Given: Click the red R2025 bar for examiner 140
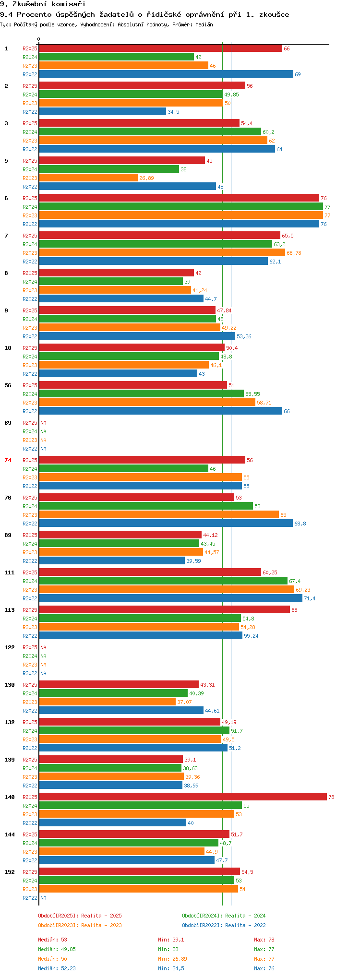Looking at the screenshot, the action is [183, 797].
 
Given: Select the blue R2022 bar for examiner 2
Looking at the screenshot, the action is [103, 111].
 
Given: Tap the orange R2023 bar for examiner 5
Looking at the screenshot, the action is [88, 178].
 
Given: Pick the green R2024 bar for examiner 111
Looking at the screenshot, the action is [163, 581].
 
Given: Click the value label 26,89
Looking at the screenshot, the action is [146, 178].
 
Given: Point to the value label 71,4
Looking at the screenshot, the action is [310, 598].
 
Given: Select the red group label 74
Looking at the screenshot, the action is [8, 460].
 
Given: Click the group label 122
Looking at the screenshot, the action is [10, 647].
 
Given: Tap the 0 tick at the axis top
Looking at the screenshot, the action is [39, 39].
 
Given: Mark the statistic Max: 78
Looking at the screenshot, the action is [264, 940].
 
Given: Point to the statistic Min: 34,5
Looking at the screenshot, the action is [171, 968].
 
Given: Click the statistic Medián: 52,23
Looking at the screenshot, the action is [57, 968].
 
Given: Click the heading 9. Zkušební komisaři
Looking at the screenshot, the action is [43, 4].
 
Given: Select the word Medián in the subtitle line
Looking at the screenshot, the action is [204, 24].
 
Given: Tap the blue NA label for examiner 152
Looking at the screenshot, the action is [43, 898].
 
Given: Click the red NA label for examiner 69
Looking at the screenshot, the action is [43, 423].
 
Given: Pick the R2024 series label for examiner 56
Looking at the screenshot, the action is [30, 394].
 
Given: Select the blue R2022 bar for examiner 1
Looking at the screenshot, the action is [166, 74].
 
